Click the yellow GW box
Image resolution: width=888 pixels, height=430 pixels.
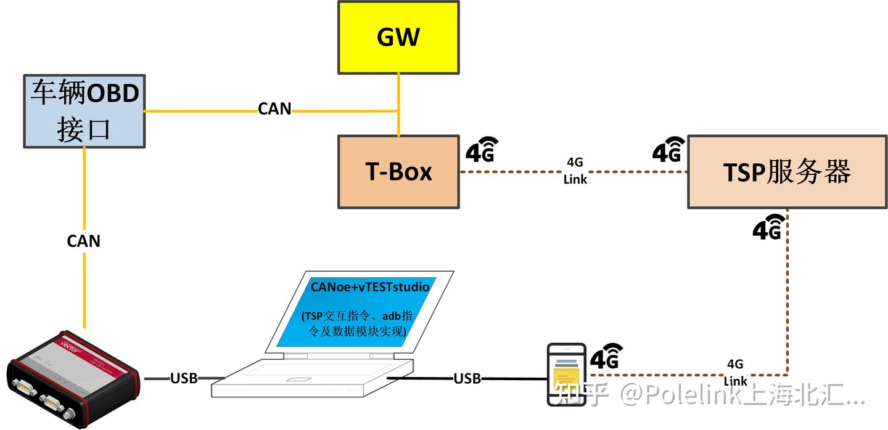click(398, 37)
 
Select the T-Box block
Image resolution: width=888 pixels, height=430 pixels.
click(398, 172)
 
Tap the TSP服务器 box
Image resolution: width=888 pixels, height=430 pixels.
click(787, 172)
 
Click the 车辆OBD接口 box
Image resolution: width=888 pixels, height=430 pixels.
click(84, 112)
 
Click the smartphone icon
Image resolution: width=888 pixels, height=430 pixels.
click(567, 374)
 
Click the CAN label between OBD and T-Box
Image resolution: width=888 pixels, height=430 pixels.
click(274, 109)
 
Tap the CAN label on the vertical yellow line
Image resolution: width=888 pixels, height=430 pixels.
click(84, 241)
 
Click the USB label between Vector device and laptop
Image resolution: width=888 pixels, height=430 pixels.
click(184, 378)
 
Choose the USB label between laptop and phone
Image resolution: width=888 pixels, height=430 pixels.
click(467, 378)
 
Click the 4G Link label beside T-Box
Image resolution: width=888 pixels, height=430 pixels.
click(575, 171)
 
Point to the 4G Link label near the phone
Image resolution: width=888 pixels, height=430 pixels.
click(735, 371)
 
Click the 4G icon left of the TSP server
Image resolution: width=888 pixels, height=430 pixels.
click(668, 149)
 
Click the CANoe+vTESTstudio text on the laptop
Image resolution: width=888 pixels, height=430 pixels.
click(370, 287)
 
